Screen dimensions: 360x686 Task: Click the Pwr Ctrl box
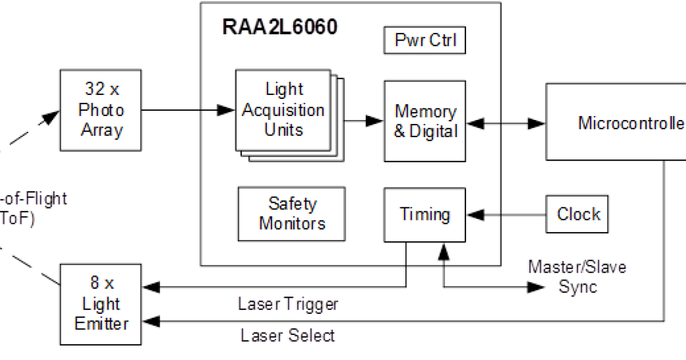click(x=425, y=41)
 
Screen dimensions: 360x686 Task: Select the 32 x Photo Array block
click(x=101, y=110)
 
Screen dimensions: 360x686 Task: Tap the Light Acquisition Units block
click(x=283, y=110)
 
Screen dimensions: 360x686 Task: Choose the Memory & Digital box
click(x=425, y=121)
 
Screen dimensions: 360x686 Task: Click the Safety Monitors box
click(x=292, y=214)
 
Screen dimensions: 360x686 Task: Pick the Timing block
click(x=425, y=215)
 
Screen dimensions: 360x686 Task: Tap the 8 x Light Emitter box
click(x=101, y=303)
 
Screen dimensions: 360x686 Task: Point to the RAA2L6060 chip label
click(x=280, y=27)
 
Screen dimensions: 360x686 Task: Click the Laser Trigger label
click(x=288, y=304)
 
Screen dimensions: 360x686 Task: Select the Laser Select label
click(x=287, y=335)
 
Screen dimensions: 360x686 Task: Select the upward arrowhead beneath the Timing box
click(x=443, y=250)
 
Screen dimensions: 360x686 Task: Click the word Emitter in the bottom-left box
click(x=101, y=323)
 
